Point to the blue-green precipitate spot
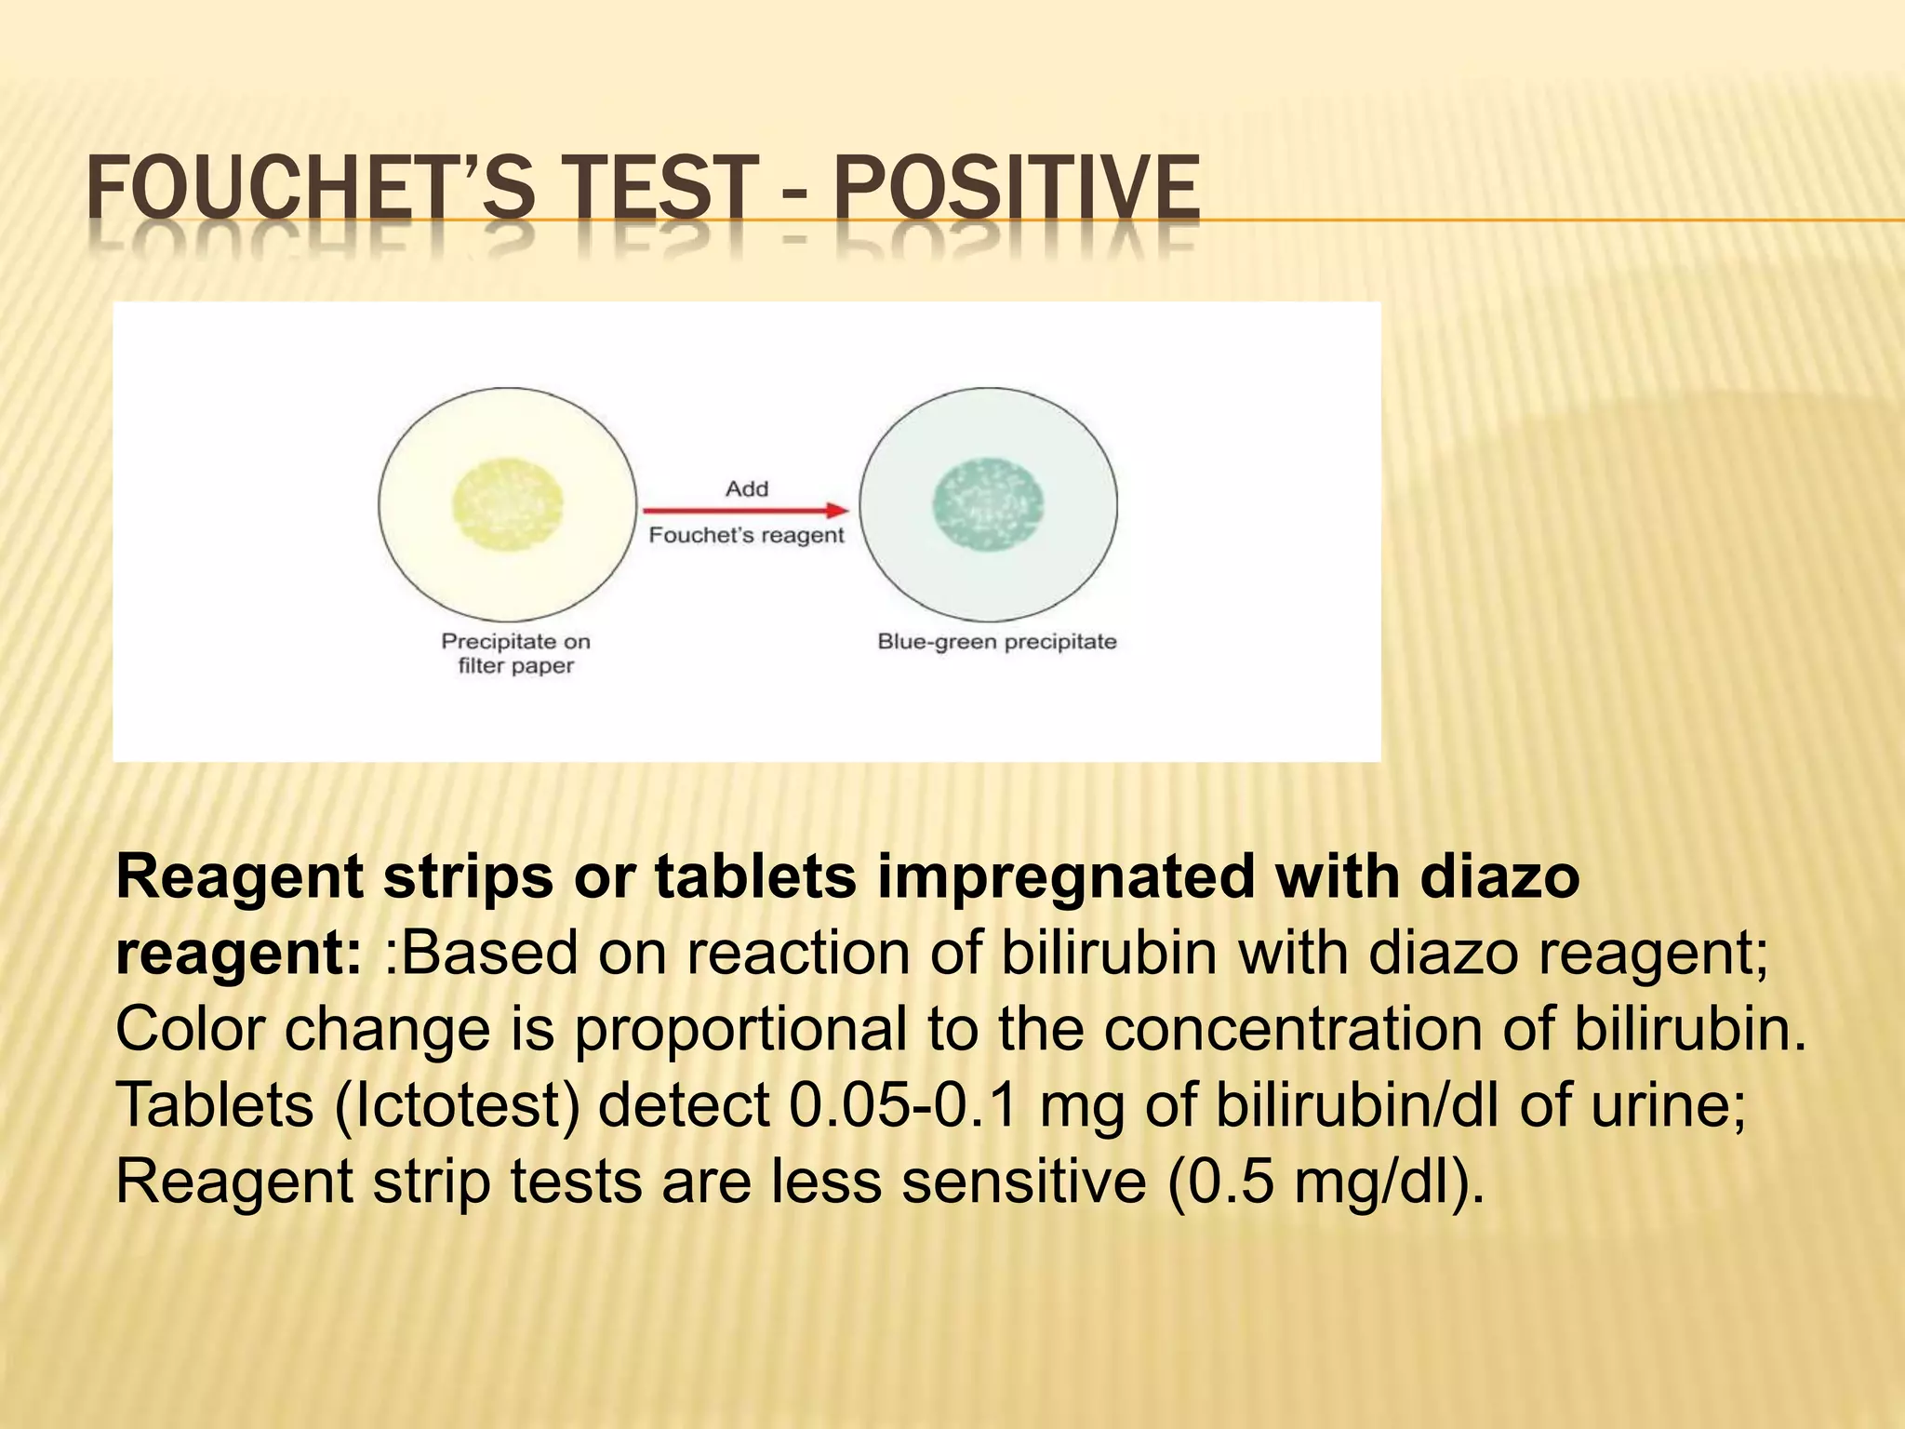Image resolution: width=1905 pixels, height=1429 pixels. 988,505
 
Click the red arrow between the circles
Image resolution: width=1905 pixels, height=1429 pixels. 745,510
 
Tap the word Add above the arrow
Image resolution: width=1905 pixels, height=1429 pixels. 747,488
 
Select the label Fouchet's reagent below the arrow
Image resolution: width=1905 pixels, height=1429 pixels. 746,535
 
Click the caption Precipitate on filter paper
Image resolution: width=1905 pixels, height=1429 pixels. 515,653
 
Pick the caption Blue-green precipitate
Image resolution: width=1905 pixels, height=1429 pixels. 996,642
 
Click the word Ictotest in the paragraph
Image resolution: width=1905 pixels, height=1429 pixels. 457,1104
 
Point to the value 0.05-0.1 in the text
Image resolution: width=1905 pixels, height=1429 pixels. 903,1104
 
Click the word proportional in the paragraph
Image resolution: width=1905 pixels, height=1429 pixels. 739,1029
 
